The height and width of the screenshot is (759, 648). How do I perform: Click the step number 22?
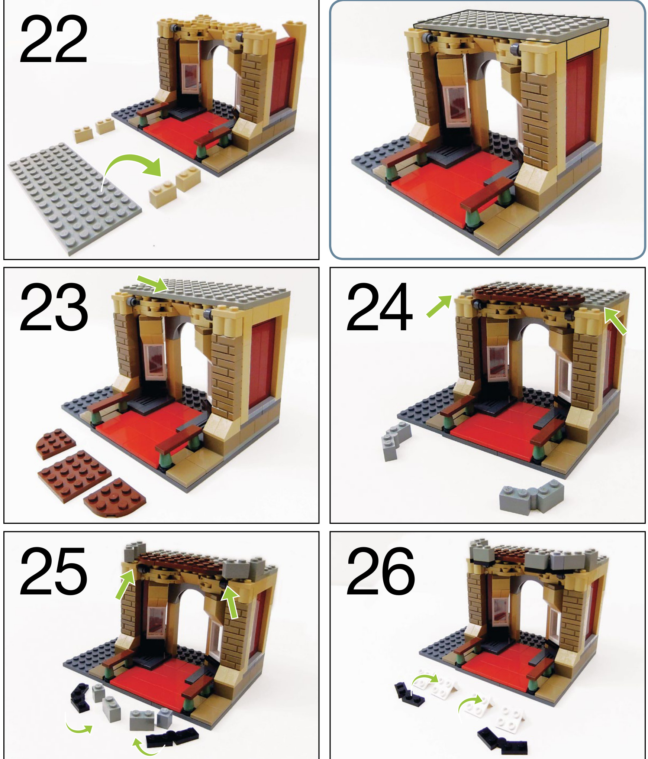tap(54, 40)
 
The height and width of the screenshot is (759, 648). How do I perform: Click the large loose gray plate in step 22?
tap(74, 198)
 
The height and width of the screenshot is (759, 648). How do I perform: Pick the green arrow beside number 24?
tap(439, 306)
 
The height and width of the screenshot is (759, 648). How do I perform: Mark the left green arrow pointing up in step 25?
tap(126, 584)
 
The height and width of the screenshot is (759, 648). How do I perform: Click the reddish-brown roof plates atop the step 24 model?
tap(528, 295)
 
